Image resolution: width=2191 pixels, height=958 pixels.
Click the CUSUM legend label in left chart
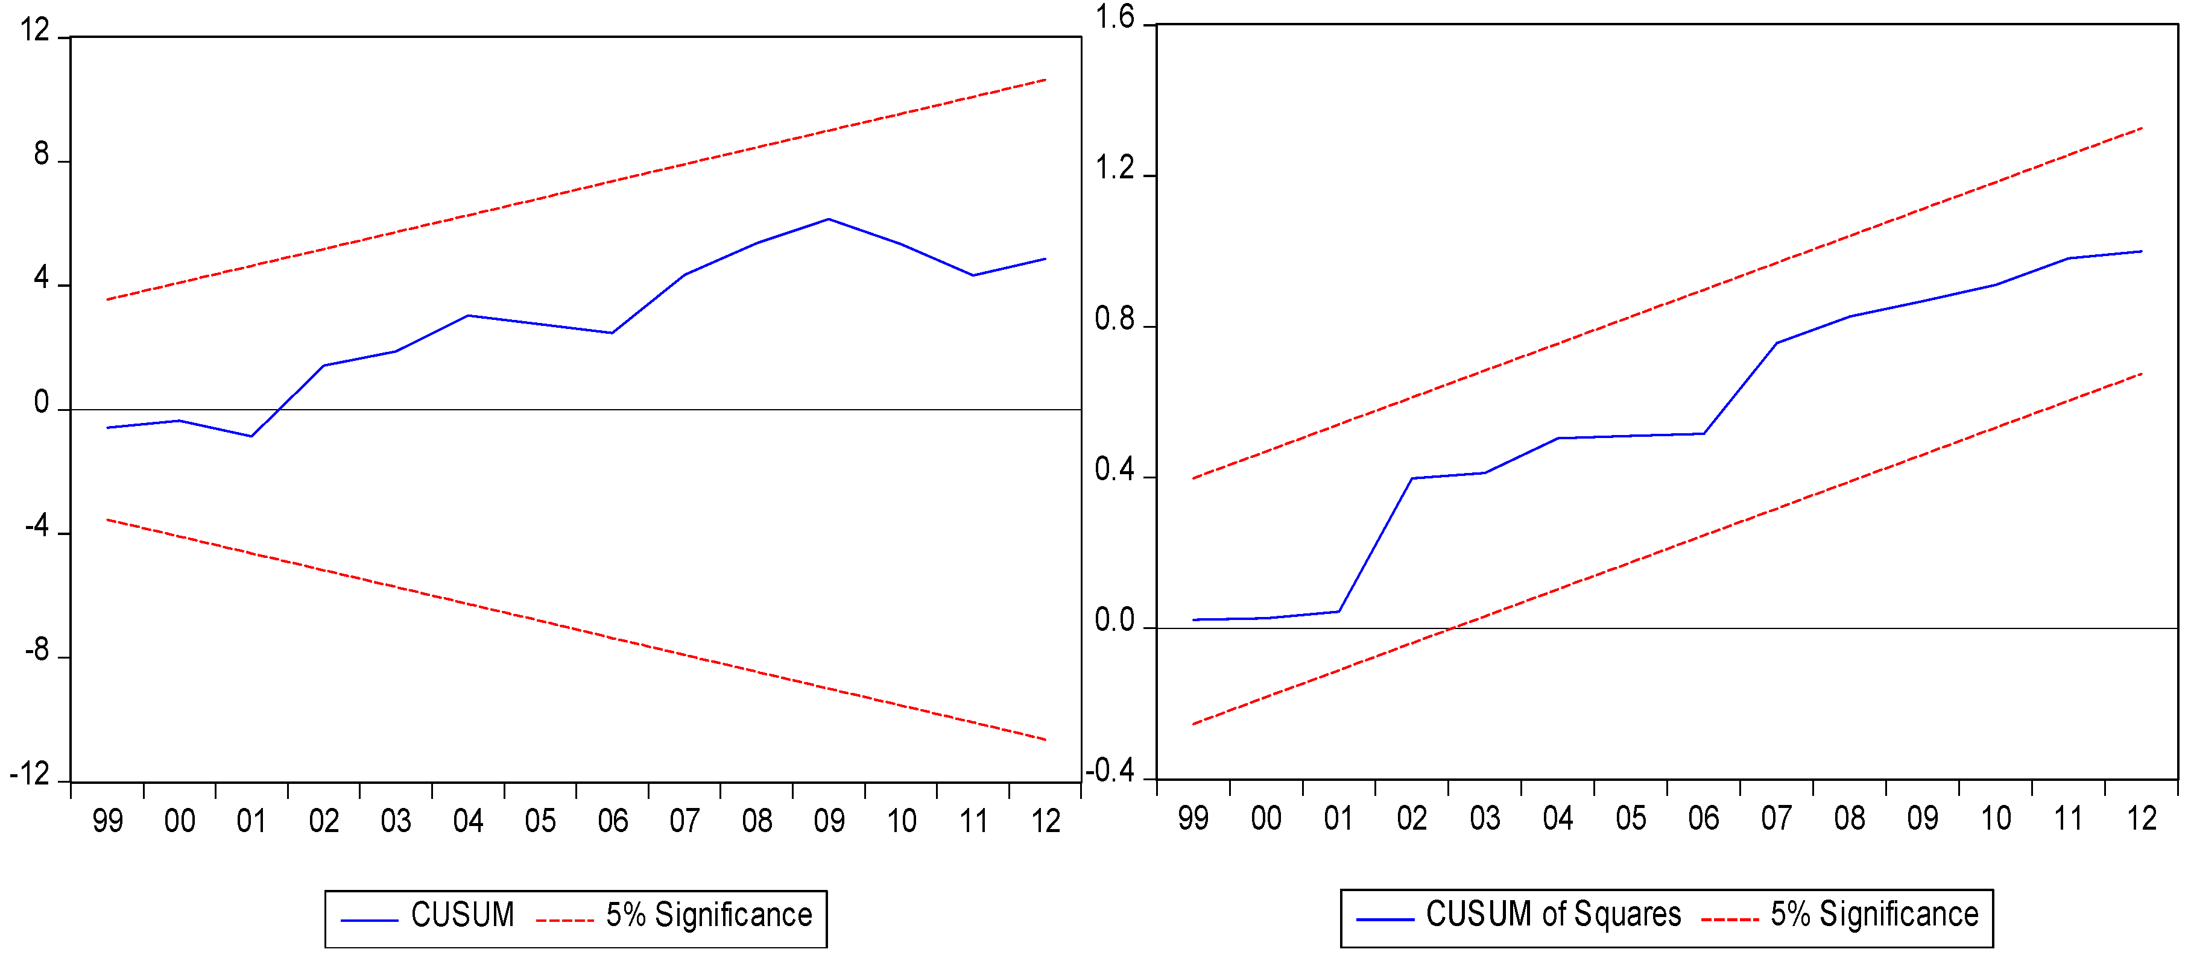click(x=462, y=915)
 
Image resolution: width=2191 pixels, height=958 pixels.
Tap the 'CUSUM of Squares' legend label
click(x=1553, y=914)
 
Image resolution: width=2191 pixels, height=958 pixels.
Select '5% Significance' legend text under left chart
click(x=709, y=915)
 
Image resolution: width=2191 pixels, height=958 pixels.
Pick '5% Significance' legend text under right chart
click(x=1874, y=914)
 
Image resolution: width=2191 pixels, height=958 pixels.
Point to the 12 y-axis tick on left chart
click(x=35, y=31)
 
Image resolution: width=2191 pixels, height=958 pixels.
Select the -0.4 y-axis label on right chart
click(x=1109, y=771)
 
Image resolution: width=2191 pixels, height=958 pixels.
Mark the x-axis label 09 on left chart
click(x=829, y=821)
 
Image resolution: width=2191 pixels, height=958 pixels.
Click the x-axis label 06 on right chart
click(x=1704, y=819)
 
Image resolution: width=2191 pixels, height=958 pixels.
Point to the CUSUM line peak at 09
click(x=829, y=219)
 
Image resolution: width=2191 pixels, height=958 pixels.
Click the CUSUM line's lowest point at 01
click(x=251, y=436)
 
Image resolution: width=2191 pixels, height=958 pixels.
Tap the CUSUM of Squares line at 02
click(x=1412, y=478)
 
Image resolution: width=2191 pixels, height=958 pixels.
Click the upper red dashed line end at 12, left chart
click(x=1045, y=80)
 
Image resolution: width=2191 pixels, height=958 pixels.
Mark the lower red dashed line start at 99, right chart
click(x=1194, y=724)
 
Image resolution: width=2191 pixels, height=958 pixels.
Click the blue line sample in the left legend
click(x=369, y=921)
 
